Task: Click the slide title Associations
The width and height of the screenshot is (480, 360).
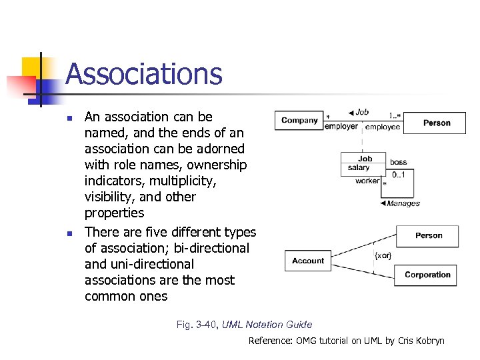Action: [143, 74]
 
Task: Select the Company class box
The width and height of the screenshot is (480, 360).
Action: [299, 121]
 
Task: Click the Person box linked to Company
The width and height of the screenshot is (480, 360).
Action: [436, 123]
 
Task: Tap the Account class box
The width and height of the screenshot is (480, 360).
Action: [307, 261]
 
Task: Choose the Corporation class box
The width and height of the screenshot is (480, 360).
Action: [427, 275]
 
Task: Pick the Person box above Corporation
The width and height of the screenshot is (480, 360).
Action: [428, 235]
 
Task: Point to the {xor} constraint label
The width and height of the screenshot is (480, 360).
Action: [383, 255]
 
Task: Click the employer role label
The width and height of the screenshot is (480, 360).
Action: [341, 127]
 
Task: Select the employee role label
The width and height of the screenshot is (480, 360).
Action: [383, 127]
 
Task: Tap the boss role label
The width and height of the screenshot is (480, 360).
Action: [398, 162]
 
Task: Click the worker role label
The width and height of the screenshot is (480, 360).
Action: [367, 181]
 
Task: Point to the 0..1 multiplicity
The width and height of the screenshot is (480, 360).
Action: [398, 174]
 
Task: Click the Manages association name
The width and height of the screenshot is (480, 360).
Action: [403, 203]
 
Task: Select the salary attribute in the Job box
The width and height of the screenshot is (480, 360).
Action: [359, 168]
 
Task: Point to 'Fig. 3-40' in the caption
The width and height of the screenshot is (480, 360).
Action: [197, 325]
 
